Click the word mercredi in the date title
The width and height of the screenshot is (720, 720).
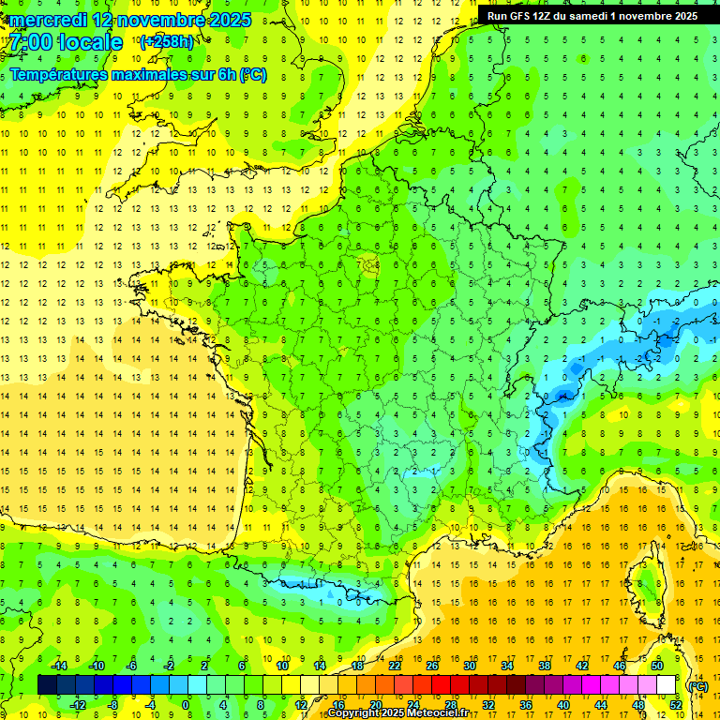(50, 20)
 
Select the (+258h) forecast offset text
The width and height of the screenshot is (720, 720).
(167, 42)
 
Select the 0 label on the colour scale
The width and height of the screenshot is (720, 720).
(186, 705)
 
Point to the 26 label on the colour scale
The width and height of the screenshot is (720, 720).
(431, 666)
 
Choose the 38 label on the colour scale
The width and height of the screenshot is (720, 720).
(544, 666)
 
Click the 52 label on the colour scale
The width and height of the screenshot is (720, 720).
(676, 705)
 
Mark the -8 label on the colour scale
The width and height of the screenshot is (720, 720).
(112, 705)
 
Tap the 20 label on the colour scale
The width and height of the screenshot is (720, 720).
(375, 705)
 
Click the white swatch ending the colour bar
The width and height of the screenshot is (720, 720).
(666, 685)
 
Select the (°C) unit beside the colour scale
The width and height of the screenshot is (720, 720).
(697, 685)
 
